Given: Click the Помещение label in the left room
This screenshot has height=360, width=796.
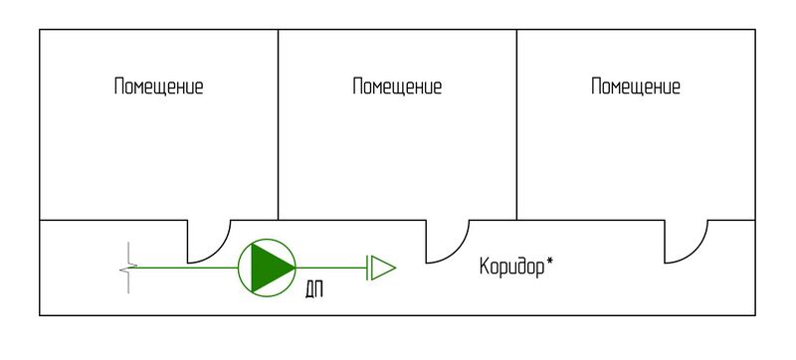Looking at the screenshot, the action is click(158, 87).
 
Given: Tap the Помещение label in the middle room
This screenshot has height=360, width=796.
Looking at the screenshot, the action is click(397, 87).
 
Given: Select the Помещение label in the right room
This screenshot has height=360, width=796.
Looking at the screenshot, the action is click(636, 87).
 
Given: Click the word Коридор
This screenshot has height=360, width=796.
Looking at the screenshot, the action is click(511, 268).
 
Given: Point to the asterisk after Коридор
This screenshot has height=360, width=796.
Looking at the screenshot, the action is click(550, 263).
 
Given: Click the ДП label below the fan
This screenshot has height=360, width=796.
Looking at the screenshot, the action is click(314, 290).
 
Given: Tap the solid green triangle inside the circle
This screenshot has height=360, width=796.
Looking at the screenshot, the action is click(269, 268).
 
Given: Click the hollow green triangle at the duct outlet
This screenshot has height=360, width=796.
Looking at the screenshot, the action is click(384, 268).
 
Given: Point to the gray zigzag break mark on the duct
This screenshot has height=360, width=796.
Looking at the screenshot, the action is click(127, 268).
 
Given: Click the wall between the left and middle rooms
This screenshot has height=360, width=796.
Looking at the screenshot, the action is click(278, 124).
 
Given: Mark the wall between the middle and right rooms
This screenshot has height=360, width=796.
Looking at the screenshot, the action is click(516, 124).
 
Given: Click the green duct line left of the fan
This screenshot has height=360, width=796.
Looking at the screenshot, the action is click(184, 268).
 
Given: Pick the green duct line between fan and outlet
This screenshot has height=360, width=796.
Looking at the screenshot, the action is click(331, 268).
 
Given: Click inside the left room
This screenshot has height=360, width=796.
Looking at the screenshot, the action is click(158, 149).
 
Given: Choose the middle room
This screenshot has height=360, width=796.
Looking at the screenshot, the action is click(397, 149).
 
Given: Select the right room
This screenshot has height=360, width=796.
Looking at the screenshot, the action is click(636, 149).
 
